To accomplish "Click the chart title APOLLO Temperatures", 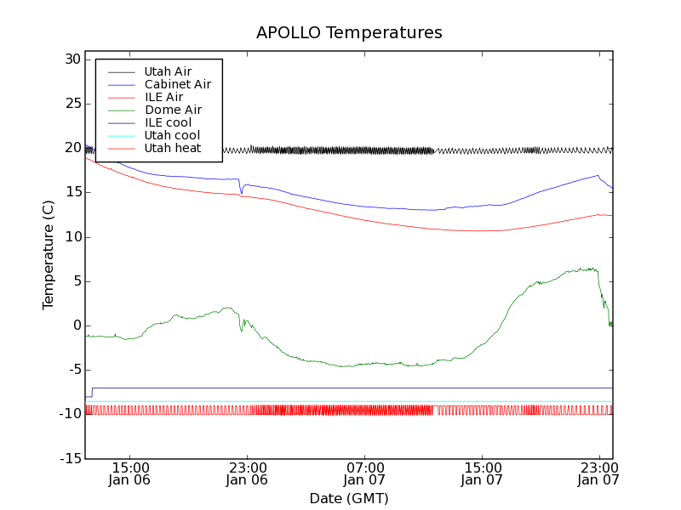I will [349, 33].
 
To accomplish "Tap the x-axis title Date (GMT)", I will [348, 498].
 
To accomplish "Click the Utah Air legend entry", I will [168, 71].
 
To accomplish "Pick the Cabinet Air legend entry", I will [177, 84].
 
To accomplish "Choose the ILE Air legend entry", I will [163, 97].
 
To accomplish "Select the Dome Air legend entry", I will [173, 110].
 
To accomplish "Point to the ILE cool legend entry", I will [168, 122].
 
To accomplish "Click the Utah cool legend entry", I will [172, 135].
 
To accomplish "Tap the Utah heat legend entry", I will [172, 148].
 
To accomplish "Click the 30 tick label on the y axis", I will [71, 59].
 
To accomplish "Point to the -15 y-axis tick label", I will [68, 459].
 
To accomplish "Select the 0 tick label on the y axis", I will [77, 326].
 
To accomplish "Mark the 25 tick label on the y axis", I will [71, 104].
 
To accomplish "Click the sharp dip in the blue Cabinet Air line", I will [241, 193].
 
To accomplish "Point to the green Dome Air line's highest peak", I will [592, 268].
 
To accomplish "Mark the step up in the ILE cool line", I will [92, 392].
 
